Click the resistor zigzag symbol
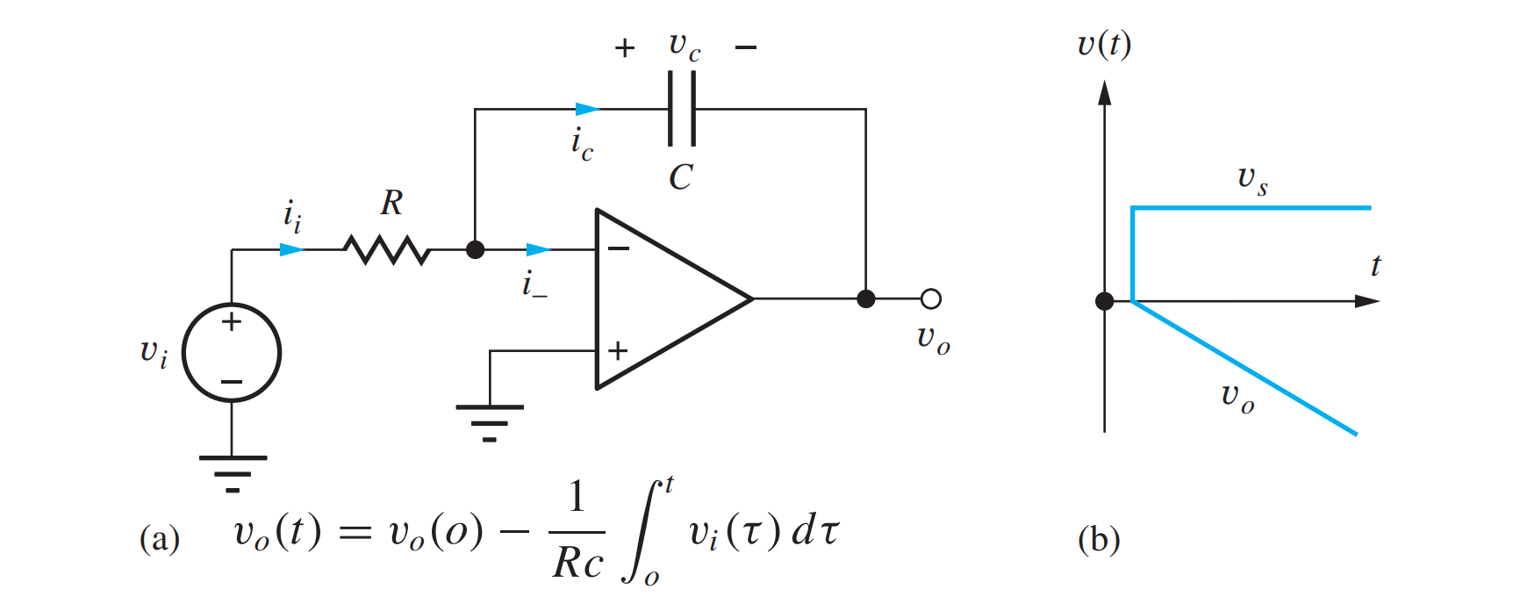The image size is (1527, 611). pyautogui.click(x=387, y=250)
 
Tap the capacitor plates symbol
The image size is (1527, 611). pyautogui.click(x=682, y=109)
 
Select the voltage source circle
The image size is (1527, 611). pyautogui.click(x=232, y=353)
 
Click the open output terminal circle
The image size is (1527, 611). pyautogui.click(x=931, y=299)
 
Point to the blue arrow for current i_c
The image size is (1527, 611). pyautogui.click(x=587, y=109)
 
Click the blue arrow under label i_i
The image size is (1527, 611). pyautogui.click(x=292, y=250)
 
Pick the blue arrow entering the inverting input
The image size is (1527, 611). pyautogui.click(x=538, y=250)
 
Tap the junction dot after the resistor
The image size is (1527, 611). pyautogui.click(x=475, y=250)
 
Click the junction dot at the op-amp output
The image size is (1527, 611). pyautogui.click(x=866, y=299)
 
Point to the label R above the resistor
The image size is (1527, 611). pyautogui.click(x=391, y=204)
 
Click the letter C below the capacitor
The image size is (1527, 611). pyautogui.click(x=681, y=177)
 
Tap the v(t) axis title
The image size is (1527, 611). pyautogui.click(x=1104, y=44)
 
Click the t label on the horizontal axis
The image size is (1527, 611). pyautogui.click(x=1375, y=266)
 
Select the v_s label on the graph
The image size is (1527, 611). pyautogui.click(x=1252, y=180)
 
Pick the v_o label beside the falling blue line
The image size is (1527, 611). pyautogui.click(x=1237, y=398)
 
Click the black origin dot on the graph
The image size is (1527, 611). pyautogui.click(x=1105, y=301)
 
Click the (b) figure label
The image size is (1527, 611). pyautogui.click(x=1099, y=539)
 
